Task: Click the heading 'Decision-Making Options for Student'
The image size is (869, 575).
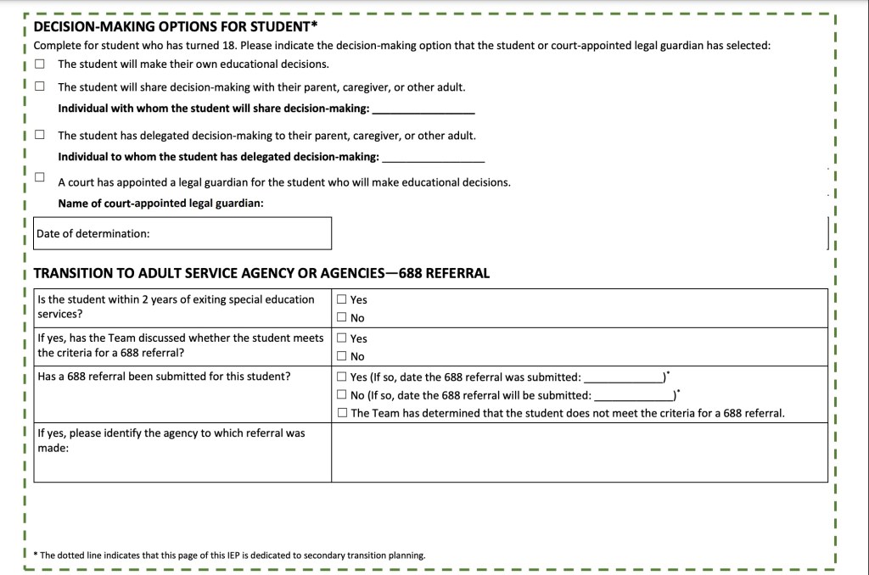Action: coord(176,26)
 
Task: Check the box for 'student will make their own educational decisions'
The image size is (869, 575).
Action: coord(40,64)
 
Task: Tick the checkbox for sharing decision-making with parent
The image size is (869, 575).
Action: coord(40,87)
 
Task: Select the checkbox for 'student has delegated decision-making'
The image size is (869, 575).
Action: coord(40,135)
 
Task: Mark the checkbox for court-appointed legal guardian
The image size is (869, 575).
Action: coord(40,177)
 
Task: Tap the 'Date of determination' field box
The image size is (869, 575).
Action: coord(182,233)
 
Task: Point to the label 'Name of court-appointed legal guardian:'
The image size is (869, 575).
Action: coord(160,204)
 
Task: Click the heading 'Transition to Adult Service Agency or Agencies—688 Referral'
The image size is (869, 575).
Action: coord(261,273)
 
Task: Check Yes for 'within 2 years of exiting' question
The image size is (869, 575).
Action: coord(341,299)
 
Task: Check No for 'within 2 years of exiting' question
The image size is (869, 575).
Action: coord(341,318)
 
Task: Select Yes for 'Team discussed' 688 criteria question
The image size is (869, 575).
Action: coord(341,338)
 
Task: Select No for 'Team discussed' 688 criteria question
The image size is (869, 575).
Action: coord(341,356)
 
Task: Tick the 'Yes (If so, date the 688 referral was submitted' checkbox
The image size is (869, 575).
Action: coord(341,377)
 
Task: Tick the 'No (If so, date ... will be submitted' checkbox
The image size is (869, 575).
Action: coord(341,394)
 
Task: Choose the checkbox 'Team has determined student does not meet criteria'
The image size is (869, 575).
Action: coord(341,413)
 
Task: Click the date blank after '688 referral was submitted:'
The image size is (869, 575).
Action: coord(623,378)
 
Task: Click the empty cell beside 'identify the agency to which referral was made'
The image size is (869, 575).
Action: coord(579,452)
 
